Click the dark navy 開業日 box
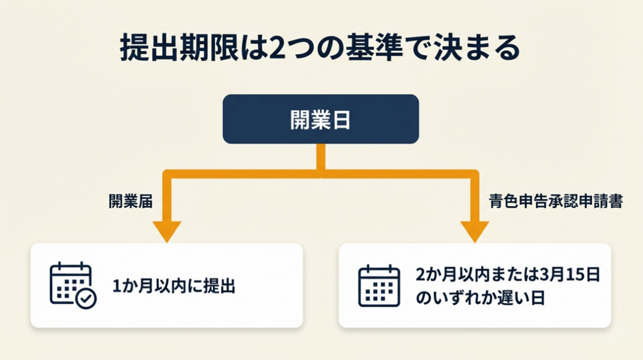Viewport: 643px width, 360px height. (320, 119)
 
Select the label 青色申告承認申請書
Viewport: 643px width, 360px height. (555, 202)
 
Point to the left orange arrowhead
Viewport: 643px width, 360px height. (166, 231)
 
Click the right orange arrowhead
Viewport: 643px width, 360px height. (475, 231)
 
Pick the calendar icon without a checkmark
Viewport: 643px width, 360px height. (379, 286)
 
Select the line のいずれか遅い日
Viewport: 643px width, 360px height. (480, 297)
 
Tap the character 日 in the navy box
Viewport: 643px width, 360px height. (343, 120)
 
